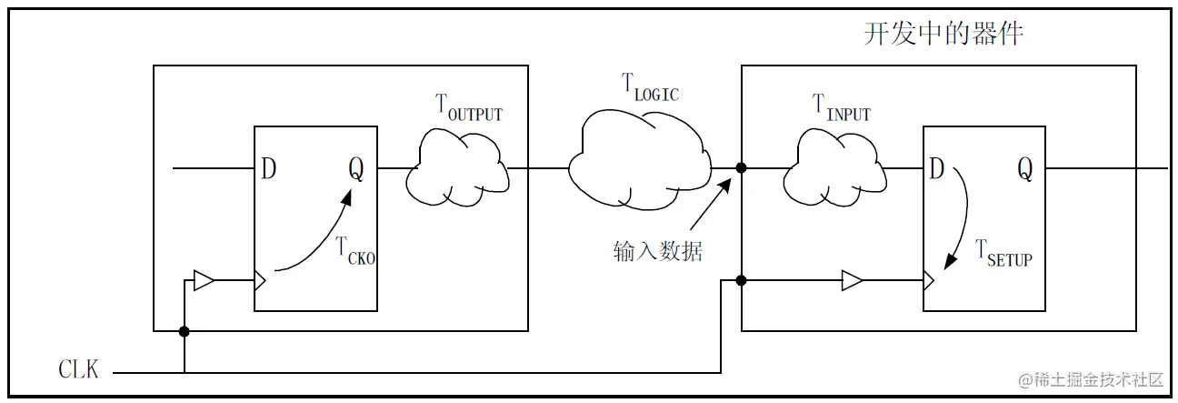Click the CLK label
79,370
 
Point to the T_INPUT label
841,108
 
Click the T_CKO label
355,250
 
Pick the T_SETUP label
1003,254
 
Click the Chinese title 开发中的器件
943,35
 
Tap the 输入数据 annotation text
658,251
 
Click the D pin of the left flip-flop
269,169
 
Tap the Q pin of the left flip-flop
355,169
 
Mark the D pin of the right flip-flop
937,169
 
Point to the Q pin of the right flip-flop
1024,169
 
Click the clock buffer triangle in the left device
205,281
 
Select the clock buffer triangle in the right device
852,281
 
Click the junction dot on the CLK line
185,330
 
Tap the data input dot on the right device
742,168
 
